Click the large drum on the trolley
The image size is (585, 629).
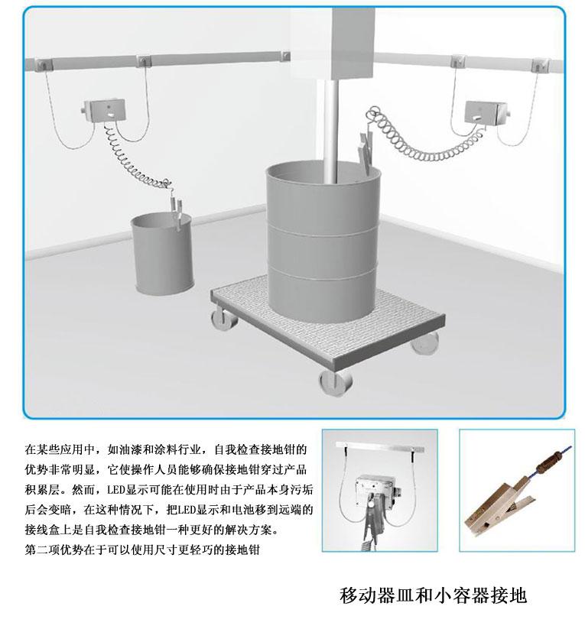point(323,245)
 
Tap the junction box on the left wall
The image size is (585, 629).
point(105,110)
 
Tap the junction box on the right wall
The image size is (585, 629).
point(486,112)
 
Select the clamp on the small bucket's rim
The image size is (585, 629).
point(176,212)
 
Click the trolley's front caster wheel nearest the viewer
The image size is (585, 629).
point(336,384)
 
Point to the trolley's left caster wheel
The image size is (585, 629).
point(224,318)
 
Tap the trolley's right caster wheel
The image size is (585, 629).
point(425,343)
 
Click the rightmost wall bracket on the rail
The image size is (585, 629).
point(541,65)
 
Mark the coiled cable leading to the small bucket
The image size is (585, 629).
point(137,160)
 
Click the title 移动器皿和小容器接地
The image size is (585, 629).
point(432,595)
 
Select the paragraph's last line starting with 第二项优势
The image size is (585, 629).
point(142,550)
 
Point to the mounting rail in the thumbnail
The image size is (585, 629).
point(380,446)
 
